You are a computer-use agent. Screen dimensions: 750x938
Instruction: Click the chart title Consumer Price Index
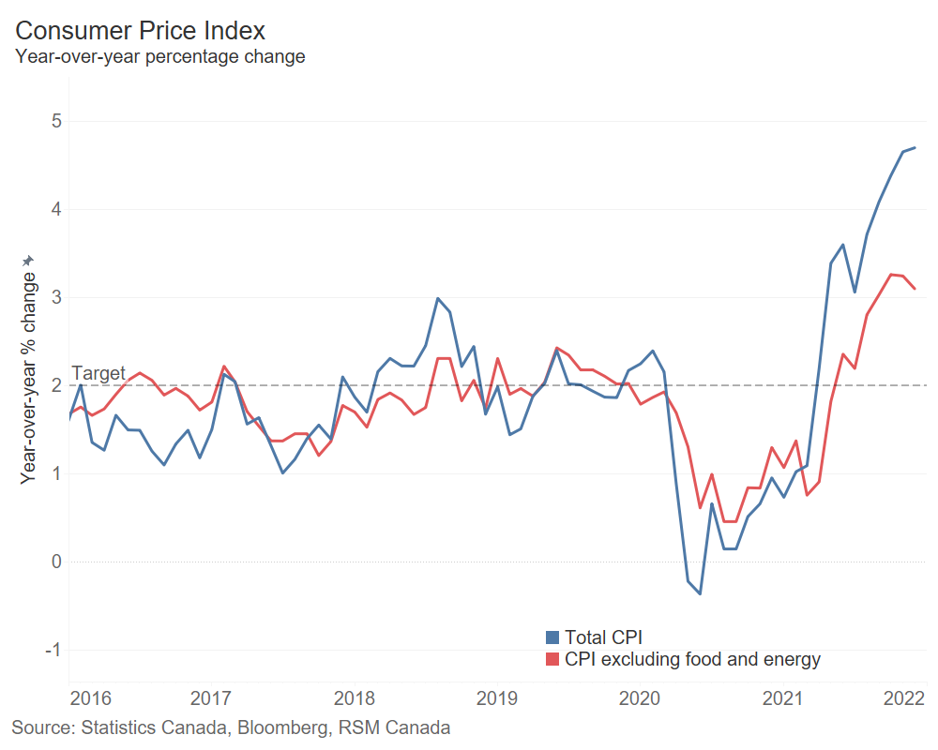tap(141, 30)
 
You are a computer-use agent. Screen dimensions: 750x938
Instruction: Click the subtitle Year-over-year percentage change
tap(159, 56)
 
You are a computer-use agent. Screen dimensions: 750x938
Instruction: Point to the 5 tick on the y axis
tap(56, 121)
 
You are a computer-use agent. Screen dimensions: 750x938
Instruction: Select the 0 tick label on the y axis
tap(56, 562)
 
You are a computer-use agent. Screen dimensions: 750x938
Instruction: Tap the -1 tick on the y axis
tap(53, 650)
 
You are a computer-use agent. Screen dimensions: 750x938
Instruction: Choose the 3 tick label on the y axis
tap(56, 297)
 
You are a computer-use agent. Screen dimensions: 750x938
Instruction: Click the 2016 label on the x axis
tap(91, 698)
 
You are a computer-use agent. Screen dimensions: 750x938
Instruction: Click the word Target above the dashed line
tap(98, 373)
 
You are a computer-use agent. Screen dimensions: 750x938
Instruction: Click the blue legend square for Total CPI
tap(552, 638)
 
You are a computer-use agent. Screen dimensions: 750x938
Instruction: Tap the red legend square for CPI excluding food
tap(552, 660)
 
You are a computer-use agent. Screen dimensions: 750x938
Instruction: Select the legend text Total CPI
tap(603, 638)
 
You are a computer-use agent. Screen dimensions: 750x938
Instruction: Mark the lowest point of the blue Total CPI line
tap(700, 593)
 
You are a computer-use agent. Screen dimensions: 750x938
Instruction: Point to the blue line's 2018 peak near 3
tap(437, 298)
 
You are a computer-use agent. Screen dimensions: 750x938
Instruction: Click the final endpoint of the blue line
tap(915, 147)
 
